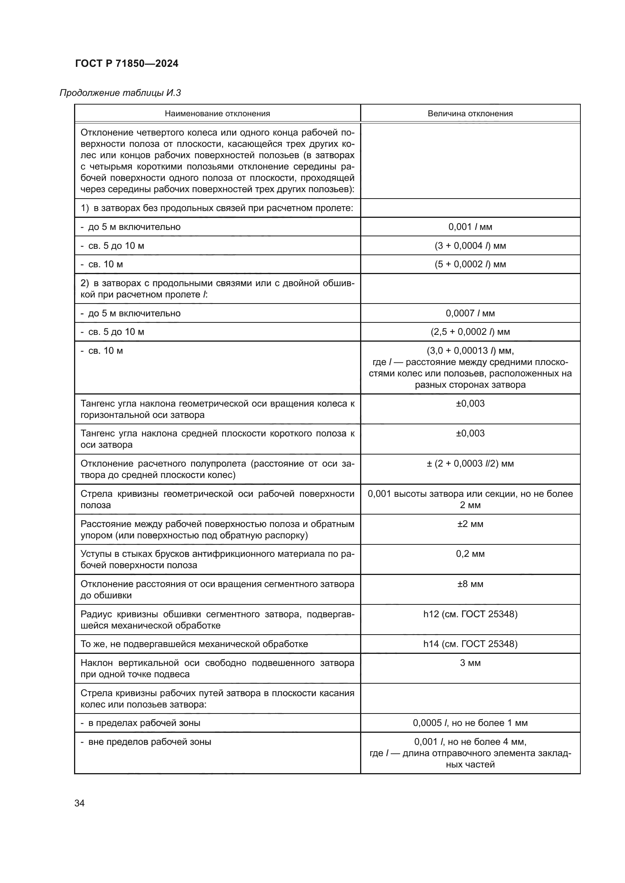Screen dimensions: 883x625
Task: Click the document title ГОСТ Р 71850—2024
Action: pos(127,63)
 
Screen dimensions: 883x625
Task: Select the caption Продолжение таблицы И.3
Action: pos(120,93)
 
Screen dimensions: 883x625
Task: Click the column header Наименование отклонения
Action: pos(217,114)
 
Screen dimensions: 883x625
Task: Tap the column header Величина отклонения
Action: pos(470,114)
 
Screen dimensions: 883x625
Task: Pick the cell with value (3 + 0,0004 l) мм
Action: pos(470,245)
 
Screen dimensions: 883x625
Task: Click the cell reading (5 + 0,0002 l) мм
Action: pos(470,264)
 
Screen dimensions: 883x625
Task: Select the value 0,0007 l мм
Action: pos(470,313)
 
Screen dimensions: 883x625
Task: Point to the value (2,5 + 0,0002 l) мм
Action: pos(470,331)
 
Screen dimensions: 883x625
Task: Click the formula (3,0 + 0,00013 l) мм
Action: pos(470,351)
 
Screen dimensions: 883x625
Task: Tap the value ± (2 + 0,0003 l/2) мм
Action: pos(470,464)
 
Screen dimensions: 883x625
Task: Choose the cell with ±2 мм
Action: pos(470,524)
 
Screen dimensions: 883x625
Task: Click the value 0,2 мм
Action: pos(470,554)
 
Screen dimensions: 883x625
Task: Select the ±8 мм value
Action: pos(470,584)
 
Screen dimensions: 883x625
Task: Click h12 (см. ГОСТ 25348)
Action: pos(470,614)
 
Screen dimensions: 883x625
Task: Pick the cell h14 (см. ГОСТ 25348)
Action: pos(470,644)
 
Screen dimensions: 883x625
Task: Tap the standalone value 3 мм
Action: pos(470,663)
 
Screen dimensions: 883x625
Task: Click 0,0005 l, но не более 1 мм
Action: pos(470,723)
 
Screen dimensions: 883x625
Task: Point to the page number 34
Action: pos(79,803)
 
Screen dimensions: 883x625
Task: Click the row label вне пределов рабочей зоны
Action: pos(149,741)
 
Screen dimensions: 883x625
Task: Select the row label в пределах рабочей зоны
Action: pos(144,723)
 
